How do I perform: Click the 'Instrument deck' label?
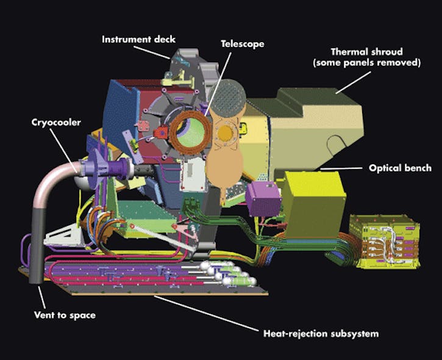134,40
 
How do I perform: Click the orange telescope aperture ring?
189,132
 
